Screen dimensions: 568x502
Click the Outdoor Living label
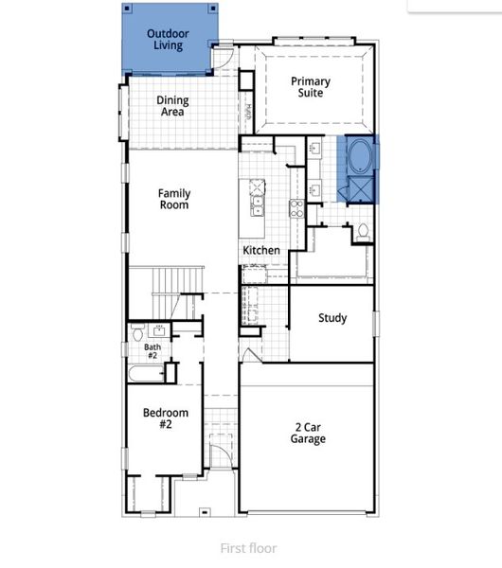coord(168,40)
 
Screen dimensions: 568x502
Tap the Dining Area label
coord(172,106)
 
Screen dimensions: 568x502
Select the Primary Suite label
coord(310,87)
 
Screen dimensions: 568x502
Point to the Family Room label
coord(173,199)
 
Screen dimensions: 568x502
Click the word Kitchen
coord(261,250)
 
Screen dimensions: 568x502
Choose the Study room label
coord(332,318)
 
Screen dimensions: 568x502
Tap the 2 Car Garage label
coord(309,433)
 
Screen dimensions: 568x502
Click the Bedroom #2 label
coord(166,418)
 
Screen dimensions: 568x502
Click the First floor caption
coord(249,548)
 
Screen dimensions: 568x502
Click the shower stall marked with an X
coord(361,190)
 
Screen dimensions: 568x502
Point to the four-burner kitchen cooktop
coord(296,208)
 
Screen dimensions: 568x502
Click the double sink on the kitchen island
coord(257,202)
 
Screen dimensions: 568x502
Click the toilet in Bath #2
coord(138,333)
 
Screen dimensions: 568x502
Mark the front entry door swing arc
coord(219,453)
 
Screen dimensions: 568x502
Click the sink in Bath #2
coord(158,329)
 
